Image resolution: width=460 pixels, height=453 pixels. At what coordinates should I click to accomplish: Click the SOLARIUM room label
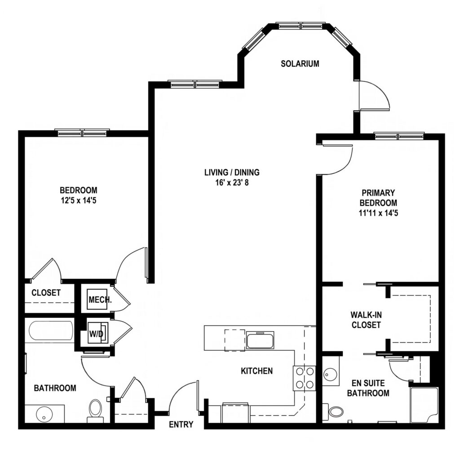(x=300, y=64)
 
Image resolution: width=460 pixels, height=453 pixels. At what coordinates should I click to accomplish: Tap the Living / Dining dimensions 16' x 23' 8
(x=232, y=182)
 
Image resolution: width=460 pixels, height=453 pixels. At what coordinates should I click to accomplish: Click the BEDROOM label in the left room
(x=78, y=190)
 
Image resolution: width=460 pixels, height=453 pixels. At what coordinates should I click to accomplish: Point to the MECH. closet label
(x=99, y=299)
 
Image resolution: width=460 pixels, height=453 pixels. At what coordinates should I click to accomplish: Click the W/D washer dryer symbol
(x=97, y=333)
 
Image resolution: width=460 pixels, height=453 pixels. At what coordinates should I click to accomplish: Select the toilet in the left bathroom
(x=95, y=409)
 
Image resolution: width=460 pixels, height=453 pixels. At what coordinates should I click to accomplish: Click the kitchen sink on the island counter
(x=259, y=340)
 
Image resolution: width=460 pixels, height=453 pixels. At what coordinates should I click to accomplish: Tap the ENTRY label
(x=181, y=424)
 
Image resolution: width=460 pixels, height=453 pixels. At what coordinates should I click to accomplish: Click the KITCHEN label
(x=257, y=371)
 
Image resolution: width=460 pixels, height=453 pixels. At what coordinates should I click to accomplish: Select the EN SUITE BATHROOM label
(x=370, y=388)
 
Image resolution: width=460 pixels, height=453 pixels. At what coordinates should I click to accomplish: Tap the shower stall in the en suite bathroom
(x=424, y=405)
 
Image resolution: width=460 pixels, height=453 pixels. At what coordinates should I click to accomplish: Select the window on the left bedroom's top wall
(x=83, y=133)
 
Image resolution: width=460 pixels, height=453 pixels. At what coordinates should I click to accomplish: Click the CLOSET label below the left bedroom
(x=46, y=293)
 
